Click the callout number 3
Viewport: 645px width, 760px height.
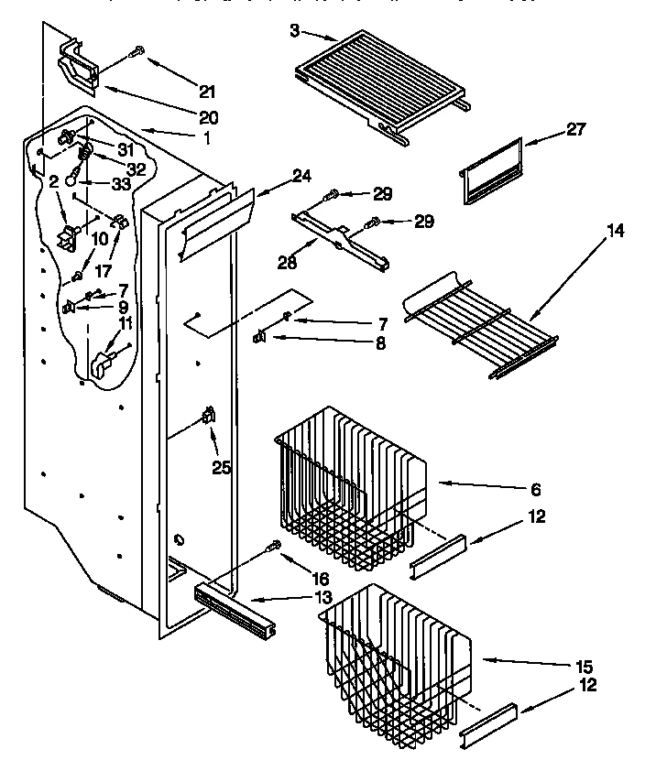[295, 30]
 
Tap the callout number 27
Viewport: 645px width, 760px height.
[575, 129]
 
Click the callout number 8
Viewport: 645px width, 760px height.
[380, 345]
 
